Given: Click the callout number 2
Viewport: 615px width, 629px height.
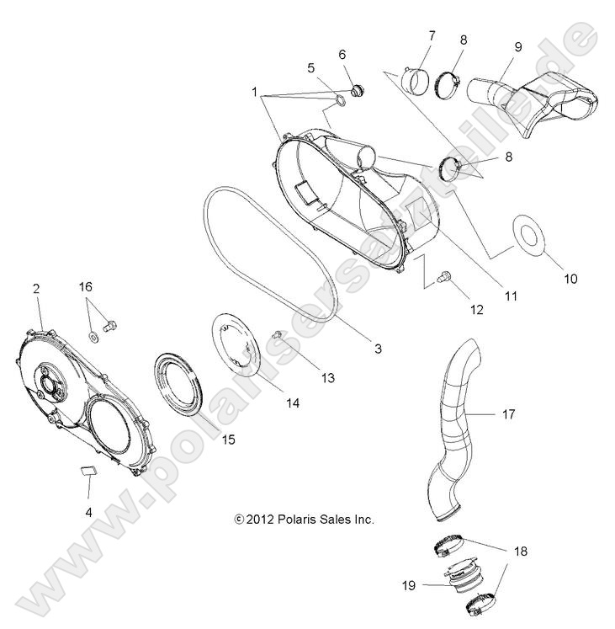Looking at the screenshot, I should pyautogui.click(x=36, y=289).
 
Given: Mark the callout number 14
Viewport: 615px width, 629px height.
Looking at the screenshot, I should pyautogui.click(x=292, y=403).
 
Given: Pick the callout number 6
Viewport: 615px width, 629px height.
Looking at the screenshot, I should pyautogui.click(x=342, y=54).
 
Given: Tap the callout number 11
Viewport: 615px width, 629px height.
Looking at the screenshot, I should pyautogui.click(x=511, y=296).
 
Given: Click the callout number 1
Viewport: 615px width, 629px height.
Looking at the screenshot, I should pyautogui.click(x=254, y=88).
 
